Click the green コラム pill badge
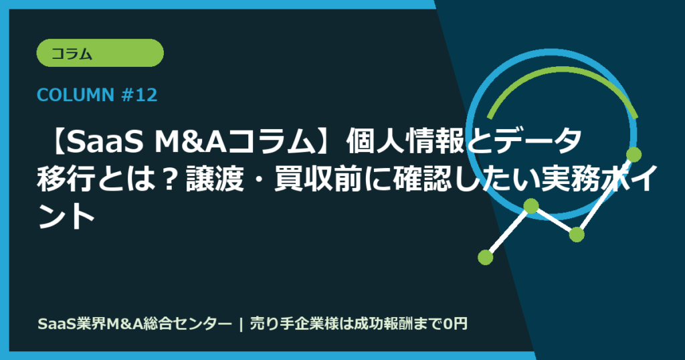[x=101, y=54]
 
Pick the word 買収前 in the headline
[x=319, y=179]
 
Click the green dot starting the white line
[x=486, y=256]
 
